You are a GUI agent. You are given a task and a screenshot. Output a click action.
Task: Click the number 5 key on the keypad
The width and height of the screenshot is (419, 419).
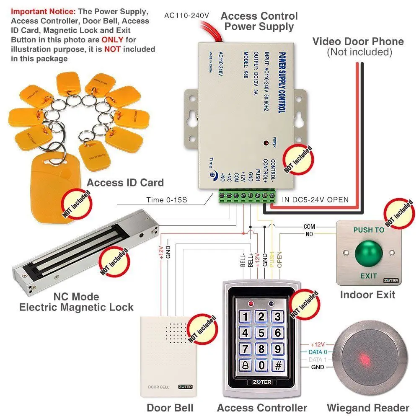tap(261, 333)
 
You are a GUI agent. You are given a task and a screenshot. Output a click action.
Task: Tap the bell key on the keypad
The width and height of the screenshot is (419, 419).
tap(246, 365)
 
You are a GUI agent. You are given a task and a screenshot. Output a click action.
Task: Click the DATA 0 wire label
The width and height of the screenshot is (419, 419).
tap(318, 352)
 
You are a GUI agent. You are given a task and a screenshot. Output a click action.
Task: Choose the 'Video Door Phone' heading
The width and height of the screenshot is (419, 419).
tap(358, 41)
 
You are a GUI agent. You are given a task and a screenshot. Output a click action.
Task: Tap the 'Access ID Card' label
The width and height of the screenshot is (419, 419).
tap(125, 183)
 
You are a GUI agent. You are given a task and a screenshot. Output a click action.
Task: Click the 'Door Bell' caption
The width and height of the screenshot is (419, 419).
tap(170, 408)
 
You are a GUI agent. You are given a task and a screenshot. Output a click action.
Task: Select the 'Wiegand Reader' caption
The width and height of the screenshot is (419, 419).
tap(368, 408)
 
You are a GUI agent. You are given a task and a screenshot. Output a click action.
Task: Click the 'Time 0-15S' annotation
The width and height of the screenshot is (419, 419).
tap(167, 200)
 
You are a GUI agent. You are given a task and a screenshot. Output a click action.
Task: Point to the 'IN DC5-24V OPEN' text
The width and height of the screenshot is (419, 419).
tap(310, 200)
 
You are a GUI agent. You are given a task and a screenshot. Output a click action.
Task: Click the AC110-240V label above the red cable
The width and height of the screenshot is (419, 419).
tap(186, 15)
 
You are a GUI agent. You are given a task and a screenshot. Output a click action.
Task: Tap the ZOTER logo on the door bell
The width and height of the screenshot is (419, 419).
tap(185, 387)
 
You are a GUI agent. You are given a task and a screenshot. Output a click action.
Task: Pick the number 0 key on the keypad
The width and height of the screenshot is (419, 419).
tap(261, 365)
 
